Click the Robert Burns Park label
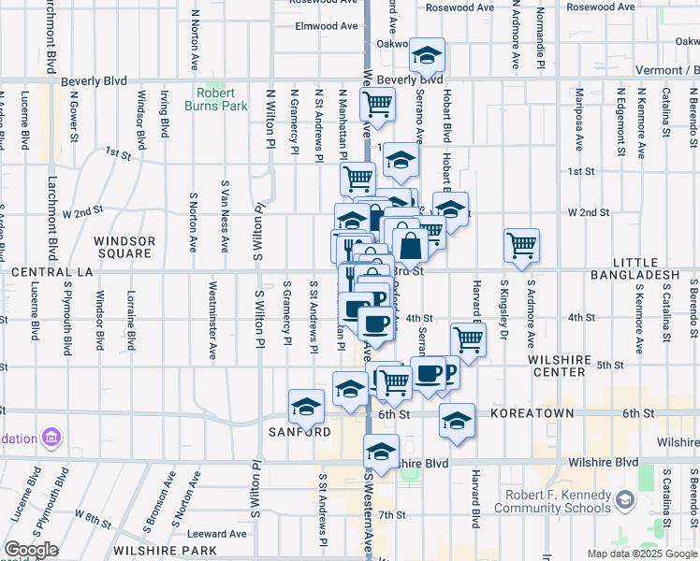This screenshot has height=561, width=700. point(222,99)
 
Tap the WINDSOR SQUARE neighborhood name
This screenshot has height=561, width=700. point(124,247)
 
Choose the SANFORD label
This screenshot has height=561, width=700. point(300,432)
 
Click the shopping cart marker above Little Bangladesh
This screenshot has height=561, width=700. point(521,246)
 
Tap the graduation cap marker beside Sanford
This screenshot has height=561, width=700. point(306,407)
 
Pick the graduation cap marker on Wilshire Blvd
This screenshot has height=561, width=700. point(381,453)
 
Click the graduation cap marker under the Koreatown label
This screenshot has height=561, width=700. point(457,421)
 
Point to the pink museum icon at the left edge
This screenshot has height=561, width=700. point(51,438)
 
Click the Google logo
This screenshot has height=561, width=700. point(32,550)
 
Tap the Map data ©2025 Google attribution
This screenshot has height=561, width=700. point(641,554)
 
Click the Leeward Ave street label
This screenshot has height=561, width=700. point(222,534)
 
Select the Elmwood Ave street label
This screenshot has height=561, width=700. point(327,26)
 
